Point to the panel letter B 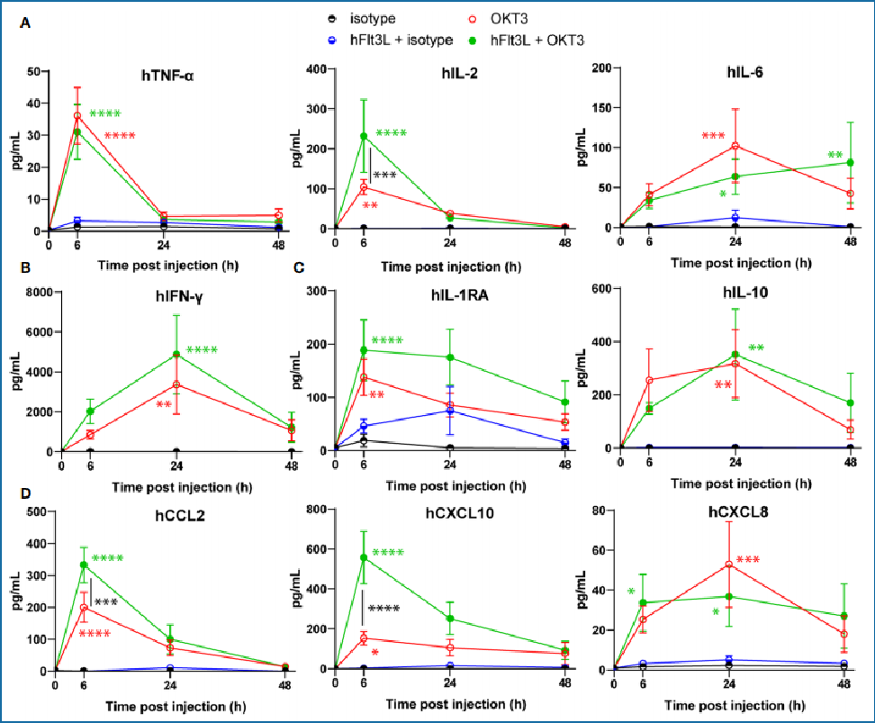[x=25, y=267]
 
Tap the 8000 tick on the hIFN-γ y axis [x=36, y=293]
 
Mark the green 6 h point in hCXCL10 [x=364, y=558]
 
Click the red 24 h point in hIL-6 [x=735, y=146]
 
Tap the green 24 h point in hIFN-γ [x=176, y=354]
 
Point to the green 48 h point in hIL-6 [x=850, y=162]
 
